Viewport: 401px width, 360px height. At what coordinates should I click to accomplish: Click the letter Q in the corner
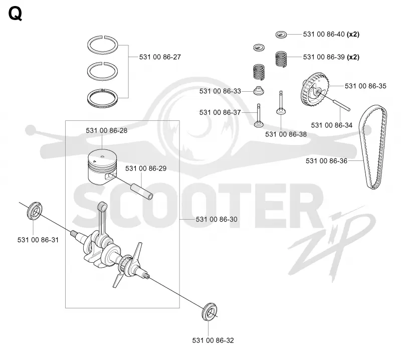[x=15, y=14]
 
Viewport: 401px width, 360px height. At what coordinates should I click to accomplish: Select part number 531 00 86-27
[x=160, y=57]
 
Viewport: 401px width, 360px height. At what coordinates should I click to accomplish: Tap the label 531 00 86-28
[x=106, y=130]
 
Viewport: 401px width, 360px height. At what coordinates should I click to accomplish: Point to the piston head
[x=102, y=166]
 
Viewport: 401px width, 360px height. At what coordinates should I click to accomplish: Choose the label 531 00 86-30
[x=217, y=219]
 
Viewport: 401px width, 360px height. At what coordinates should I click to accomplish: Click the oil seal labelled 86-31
[x=35, y=211]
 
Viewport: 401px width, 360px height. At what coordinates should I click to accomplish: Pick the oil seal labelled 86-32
[x=210, y=311]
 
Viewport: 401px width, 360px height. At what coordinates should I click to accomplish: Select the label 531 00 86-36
[x=326, y=160]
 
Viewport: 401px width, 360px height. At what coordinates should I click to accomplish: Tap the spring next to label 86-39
[x=281, y=59]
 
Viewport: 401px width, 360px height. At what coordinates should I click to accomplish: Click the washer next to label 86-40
[x=281, y=34]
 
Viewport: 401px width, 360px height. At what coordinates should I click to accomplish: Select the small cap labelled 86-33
[x=259, y=91]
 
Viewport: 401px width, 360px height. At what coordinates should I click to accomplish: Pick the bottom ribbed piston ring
[x=102, y=99]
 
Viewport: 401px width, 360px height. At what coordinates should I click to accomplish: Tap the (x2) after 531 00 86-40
[x=353, y=34]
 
